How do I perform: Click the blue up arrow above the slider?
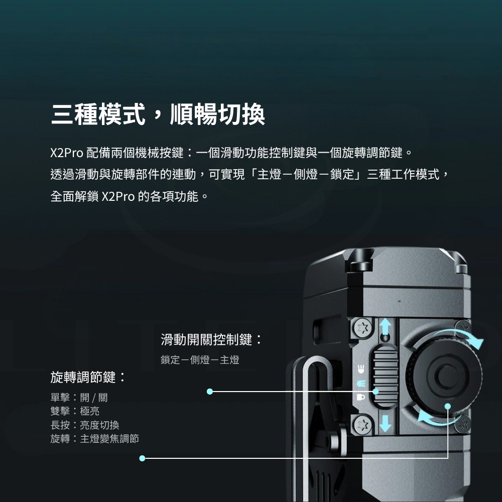[x=385, y=326]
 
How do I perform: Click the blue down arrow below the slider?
[x=385, y=423]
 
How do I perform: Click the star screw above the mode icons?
[x=362, y=328]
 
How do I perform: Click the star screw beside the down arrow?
[x=362, y=425]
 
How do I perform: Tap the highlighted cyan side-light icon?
[x=361, y=383]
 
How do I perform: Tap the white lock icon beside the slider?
[x=361, y=397]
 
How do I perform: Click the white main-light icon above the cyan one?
[x=361, y=369]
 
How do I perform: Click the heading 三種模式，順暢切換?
[x=158, y=114]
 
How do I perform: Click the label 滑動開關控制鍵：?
[x=211, y=340]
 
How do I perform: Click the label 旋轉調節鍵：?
[x=88, y=377]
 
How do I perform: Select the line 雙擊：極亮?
[x=75, y=411]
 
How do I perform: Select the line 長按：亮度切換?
[x=85, y=425]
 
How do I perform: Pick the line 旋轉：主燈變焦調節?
[x=95, y=438]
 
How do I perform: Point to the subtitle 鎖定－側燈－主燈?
[x=200, y=360]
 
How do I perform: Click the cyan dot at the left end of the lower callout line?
[x=143, y=458]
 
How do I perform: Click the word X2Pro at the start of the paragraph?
[x=67, y=153]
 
